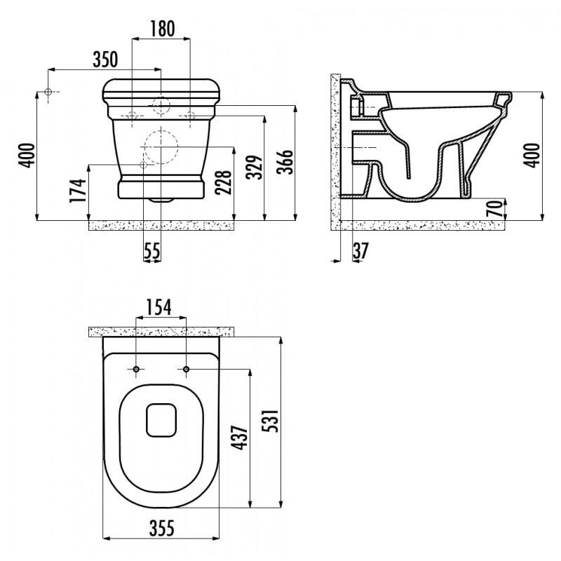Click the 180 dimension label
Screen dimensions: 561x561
[x=162, y=29]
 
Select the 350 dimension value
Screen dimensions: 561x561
[x=105, y=60]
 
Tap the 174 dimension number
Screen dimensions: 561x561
[x=78, y=190]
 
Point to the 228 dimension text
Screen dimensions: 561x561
[x=224, y=182]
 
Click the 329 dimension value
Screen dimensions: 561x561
[x=255, y=167]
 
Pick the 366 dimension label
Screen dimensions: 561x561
[x=285, y=162]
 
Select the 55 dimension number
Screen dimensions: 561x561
[x=152, y=251]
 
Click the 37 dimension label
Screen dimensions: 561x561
[x=360, y=251]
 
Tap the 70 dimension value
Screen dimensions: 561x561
[x=495, y=209]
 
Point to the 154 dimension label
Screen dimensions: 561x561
[x=159, y=307]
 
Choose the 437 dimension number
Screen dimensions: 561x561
[x=240, y=437]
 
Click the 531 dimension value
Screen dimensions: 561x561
[x=271, y=421]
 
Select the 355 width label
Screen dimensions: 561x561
[x=162, y=528]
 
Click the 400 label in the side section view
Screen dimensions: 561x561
[x=533, y=155]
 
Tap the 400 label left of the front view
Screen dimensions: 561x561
[x=27, y=155]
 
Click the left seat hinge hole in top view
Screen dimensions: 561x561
[x=136, y=370]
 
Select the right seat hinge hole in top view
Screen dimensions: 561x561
[x=186, y=370]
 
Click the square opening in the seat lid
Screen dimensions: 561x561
[x=161, y=420]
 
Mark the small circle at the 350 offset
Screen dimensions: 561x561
[x=48, y=92]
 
